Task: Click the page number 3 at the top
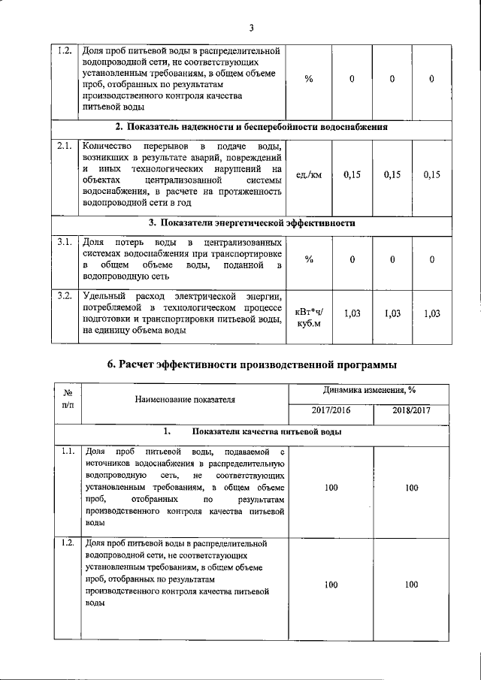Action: (252, 29)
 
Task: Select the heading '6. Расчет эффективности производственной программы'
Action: (252, 364)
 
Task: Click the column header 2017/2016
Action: (331, 411)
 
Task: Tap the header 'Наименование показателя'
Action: (185, 399)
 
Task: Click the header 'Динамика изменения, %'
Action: (370, 390)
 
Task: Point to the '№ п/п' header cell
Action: (67, 398)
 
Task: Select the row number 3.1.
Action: (65, 242)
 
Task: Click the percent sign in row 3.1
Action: (310, 259)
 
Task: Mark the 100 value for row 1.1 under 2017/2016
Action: (331, 488)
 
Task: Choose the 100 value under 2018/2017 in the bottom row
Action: (411, 585)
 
